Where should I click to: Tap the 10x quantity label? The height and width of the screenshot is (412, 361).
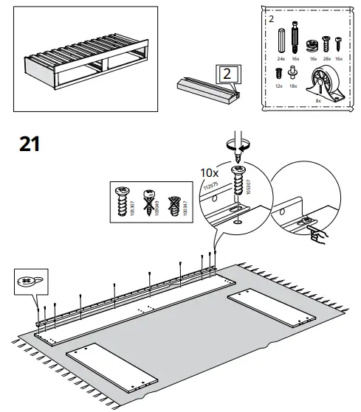click(x=210, y=172)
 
